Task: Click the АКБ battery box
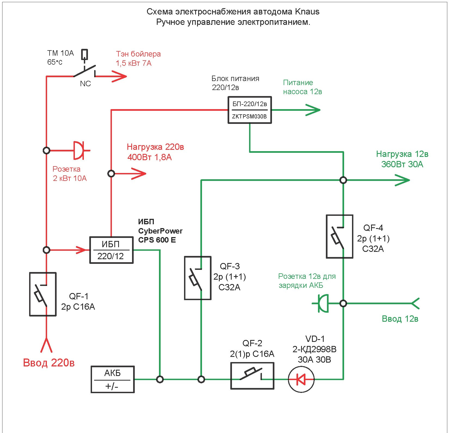point(112,379)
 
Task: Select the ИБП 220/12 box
point(111,250)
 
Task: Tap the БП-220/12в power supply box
point(250,110)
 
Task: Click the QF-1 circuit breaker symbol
point(43,294)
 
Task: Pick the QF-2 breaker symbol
point(252,376)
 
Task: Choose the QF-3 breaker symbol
point(198,278)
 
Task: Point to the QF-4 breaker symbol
point(339,236)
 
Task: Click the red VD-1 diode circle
point(301,379)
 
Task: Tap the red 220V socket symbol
point(79,150)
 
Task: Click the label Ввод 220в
point(49,363)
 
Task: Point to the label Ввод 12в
point(400,319)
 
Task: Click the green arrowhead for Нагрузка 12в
point(403,180)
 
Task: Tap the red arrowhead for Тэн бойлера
point(120,76)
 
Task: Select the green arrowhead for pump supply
point(313,110)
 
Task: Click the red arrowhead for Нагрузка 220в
point(139,174)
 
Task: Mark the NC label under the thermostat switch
point(85,84)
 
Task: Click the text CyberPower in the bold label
point(160,231)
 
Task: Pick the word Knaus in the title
point(307,12)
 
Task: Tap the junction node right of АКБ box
point(160,379)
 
